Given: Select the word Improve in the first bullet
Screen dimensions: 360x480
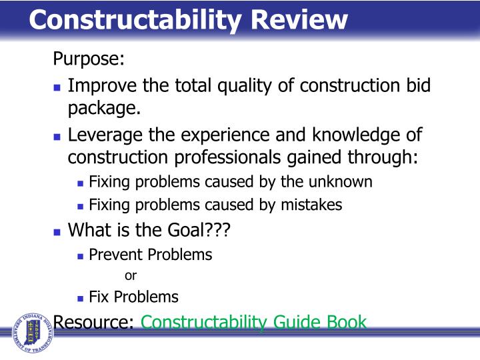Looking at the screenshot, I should [103, 86].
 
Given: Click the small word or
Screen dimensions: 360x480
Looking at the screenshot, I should [131, 275].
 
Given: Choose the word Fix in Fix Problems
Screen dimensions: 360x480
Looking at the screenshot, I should [98, 297].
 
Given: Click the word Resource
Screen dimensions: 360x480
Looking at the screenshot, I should [94, 323].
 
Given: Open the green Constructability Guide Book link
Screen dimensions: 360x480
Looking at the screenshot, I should [253, 323].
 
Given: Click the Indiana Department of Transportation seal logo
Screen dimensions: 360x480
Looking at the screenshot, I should [31, 331].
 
